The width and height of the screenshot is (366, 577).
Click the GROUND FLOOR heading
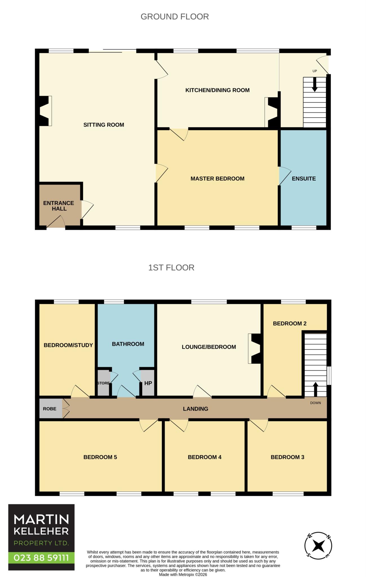(x=175, y=17)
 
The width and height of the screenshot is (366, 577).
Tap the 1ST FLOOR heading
(x=171, y=267)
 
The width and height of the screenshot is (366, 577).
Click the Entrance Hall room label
(x=59, y=206)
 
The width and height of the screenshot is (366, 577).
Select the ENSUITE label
(x=304, y=179)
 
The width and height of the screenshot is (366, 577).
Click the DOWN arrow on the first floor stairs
(x=315, y=389)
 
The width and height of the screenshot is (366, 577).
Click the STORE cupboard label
(x=103, y=383)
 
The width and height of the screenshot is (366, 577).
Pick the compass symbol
(x=318, y=546)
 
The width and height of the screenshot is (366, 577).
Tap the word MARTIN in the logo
(x=41, y=519)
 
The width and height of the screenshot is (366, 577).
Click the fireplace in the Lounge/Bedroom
(x=255, y=349)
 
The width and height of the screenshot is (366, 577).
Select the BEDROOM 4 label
(x=205, y=457)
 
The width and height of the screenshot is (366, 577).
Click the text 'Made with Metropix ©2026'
(x=183, y=574)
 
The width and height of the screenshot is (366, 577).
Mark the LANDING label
(x=196, y=409)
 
